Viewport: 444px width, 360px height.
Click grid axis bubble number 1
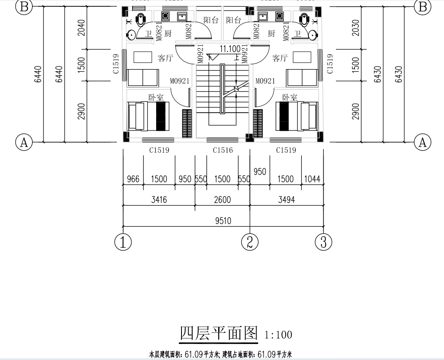(123, 242)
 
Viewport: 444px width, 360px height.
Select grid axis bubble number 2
(249, 242)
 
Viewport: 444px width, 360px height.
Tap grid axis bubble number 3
(323, 242)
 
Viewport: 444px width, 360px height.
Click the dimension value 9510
(222, 221)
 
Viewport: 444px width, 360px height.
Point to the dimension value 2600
(222, 200)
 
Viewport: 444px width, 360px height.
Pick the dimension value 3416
(159, 200)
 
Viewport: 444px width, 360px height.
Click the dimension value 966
(133, 179)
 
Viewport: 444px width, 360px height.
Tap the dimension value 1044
(312, 179)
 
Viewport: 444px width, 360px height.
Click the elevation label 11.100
(230, 49)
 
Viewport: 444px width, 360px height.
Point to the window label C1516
(222, 150)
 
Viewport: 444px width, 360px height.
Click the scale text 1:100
(278, 335)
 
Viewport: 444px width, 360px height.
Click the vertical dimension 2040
(82, 28)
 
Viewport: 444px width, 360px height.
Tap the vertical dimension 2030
(356, 28)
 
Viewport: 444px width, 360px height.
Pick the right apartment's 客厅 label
(280, 58)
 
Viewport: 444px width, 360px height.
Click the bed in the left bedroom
(147, 116)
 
